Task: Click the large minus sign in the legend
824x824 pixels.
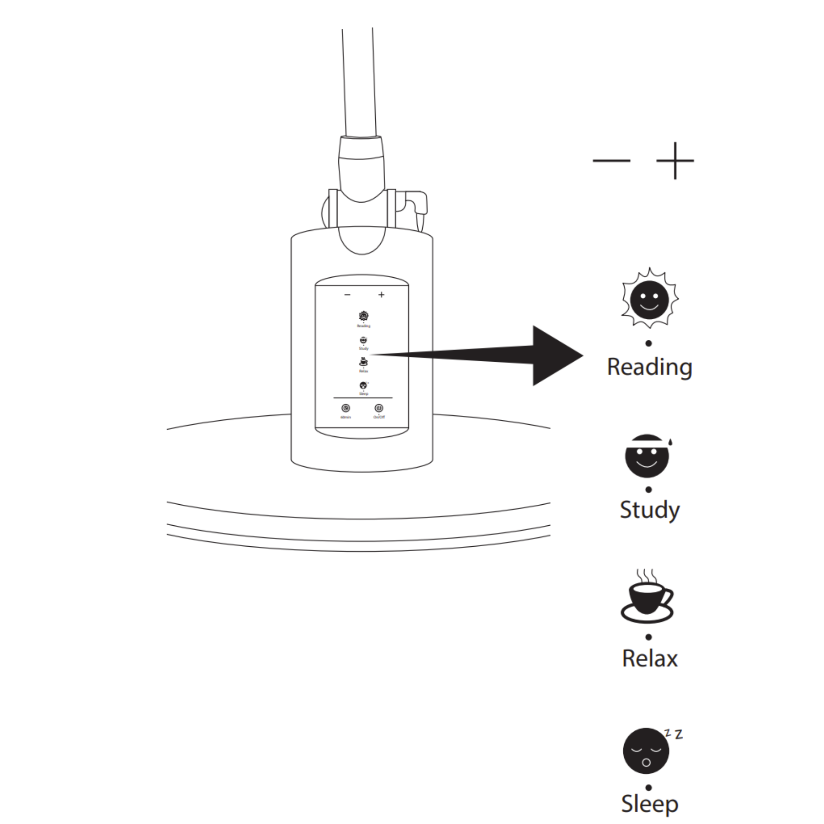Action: [x=611, y=161]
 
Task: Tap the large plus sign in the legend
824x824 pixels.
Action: [x=675, y=161]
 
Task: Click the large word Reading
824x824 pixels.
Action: [x=649, y=367]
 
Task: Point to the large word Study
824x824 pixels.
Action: [x=649, y=510]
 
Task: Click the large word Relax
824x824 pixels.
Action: [x=649, y=658]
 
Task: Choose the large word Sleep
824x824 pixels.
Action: [x=649, y=804]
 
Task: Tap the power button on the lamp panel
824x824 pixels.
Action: [x=378, y=409]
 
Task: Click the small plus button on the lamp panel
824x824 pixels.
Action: [x=381, y=295]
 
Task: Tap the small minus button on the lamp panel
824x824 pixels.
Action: [x=347, y=295]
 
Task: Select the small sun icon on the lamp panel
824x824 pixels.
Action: [x=363, y=316]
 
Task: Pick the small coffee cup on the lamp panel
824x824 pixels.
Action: [x=363, y=362]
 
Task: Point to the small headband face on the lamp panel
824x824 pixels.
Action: [x=363, y=340]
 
